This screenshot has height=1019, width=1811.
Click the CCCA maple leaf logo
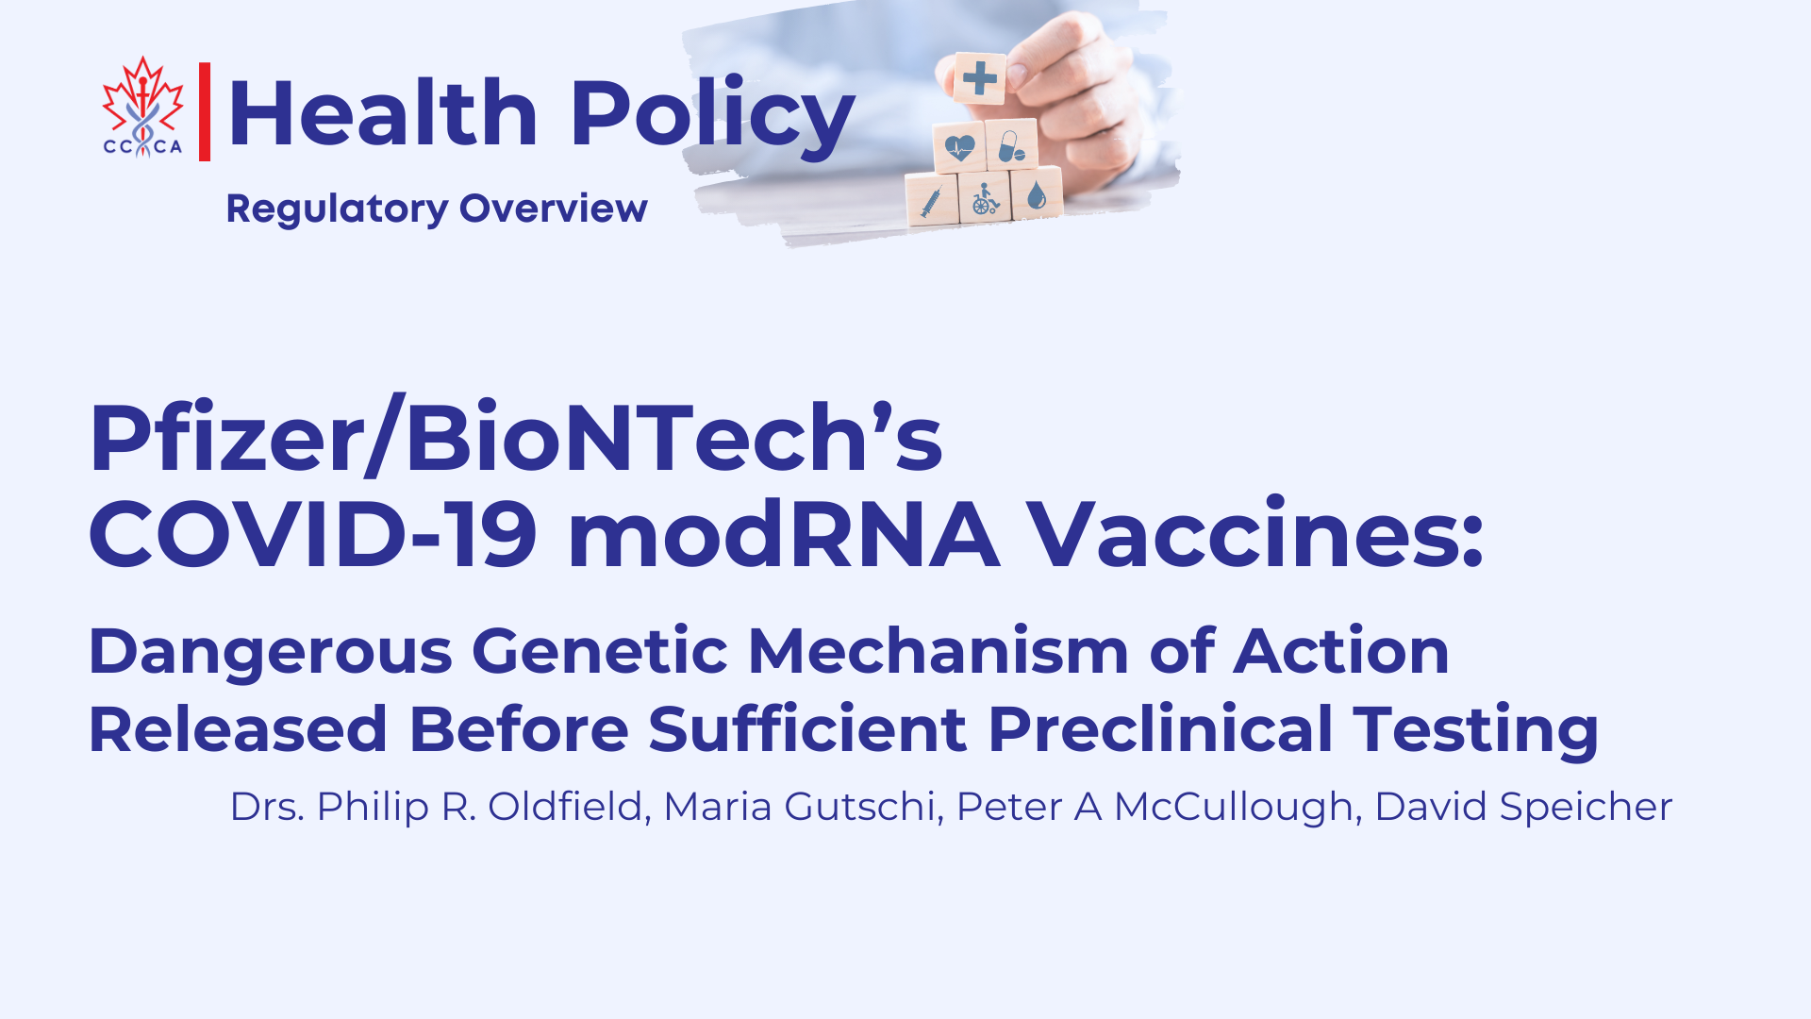tap(142, 107)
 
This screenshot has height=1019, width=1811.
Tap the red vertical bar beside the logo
tap(205, 111)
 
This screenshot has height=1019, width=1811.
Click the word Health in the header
tap(383, 114)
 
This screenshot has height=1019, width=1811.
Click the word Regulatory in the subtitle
tap(337, 209)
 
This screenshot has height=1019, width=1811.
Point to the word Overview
tap(554, 209)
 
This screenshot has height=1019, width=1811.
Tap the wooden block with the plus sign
tap(979, 77)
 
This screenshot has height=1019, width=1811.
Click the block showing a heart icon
tap(959, 147)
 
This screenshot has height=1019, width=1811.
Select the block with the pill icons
tap(1012, 144)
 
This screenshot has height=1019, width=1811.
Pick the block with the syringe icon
tap(932, 200)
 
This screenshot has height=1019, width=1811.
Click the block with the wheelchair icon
tap(986, 196)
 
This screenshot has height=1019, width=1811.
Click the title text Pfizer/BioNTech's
tap(516, 437)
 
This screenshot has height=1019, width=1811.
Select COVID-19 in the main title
tap(313, 534)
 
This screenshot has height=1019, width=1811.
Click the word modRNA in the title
tap(784, 534)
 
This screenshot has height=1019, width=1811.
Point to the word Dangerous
tap(271, 652)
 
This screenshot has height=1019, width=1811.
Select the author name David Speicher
tap(1523, 808)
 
